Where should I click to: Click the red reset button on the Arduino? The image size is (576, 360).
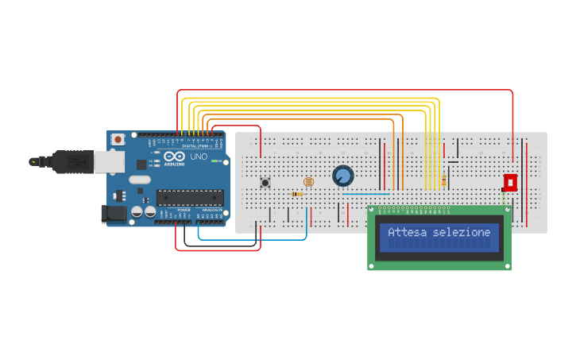point(118,140)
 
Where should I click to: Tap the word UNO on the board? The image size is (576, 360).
point(199,157)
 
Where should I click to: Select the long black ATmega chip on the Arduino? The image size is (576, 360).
point(189,198)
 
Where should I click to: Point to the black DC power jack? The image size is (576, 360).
point(114,213)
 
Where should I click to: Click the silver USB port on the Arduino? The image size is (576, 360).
point(109,162)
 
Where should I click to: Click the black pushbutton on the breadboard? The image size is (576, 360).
point(265,183)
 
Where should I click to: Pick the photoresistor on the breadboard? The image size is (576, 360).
point(309,182)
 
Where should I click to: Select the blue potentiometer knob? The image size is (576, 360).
point(343,176)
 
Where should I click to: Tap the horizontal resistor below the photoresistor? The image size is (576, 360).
point(297,194)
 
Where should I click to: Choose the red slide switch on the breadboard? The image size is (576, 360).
point(510,183)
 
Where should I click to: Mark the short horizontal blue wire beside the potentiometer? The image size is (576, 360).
point(365,194)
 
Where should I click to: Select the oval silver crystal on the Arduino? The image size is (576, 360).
point(140,180)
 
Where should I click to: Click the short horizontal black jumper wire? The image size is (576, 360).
point(453,162)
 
